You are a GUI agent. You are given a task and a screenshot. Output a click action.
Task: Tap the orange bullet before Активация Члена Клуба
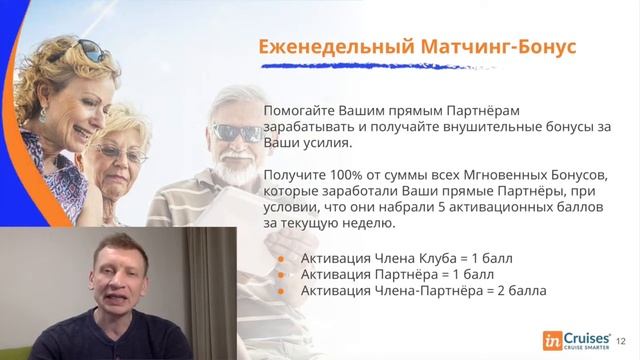280,257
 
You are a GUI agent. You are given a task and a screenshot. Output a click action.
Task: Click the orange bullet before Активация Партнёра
280,274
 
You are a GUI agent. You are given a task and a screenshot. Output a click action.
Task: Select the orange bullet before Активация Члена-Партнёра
280,291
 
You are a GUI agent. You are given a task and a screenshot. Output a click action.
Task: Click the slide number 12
623,340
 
